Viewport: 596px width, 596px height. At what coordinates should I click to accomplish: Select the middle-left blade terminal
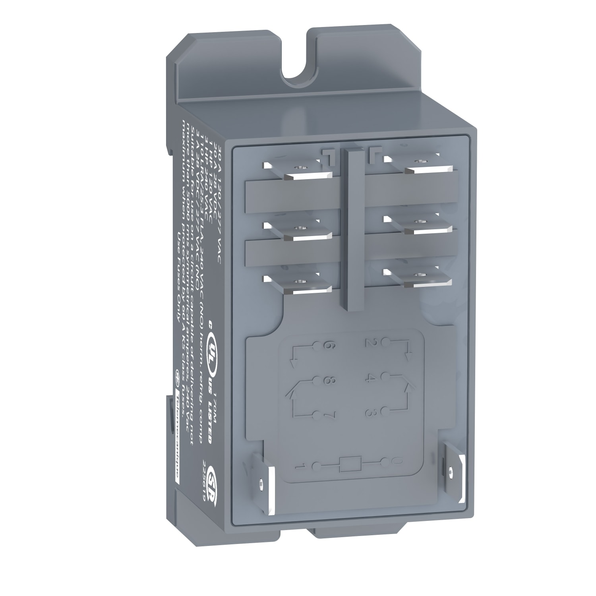pyautogui.click(x=297, y=232)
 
